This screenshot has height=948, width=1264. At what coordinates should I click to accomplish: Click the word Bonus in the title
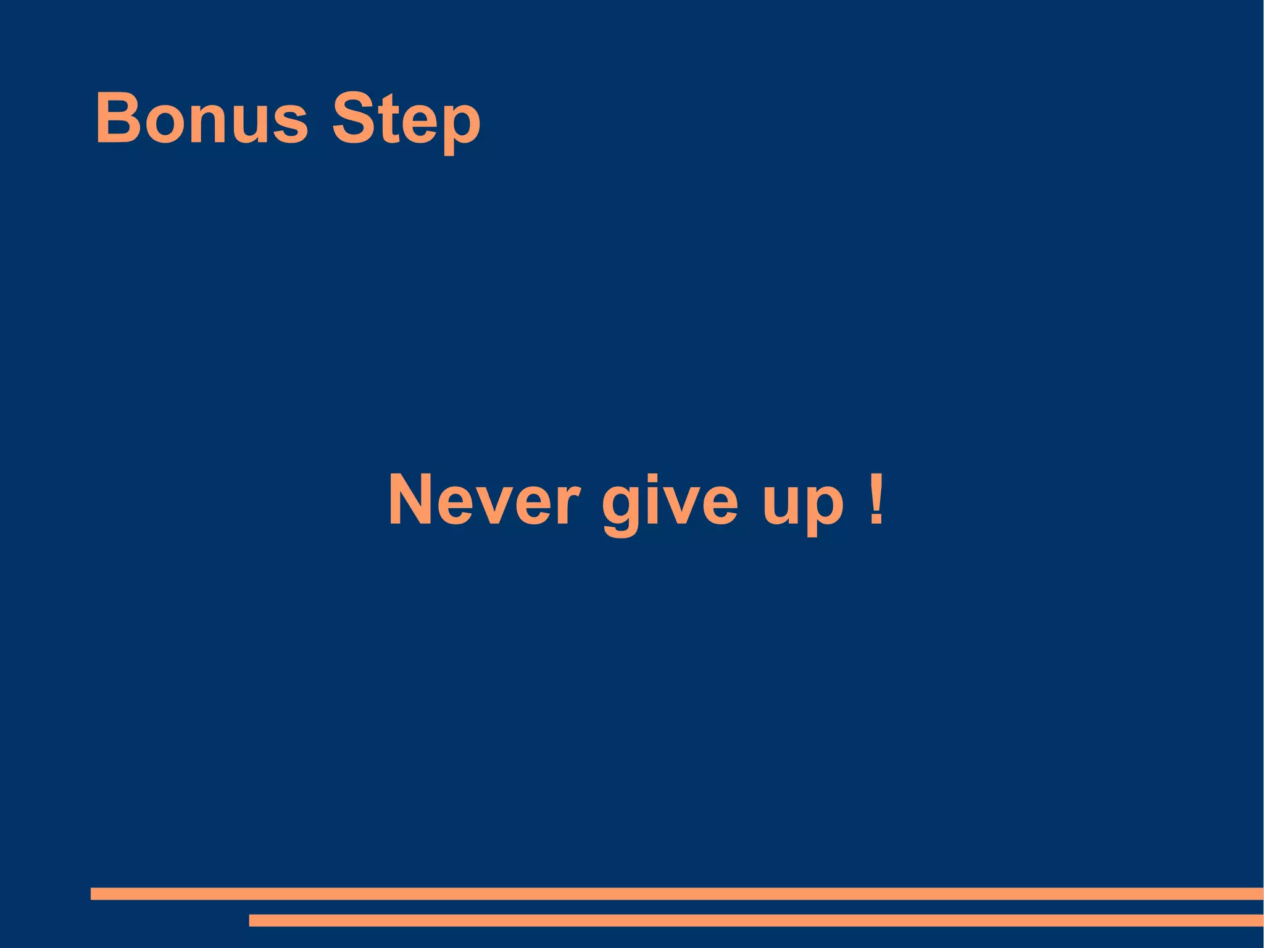pos(201,118)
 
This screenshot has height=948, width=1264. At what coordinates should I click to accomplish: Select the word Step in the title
pos(406,120)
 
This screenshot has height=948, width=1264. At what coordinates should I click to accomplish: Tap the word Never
pos(484,500)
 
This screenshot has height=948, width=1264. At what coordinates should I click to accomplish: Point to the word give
pos(670,503)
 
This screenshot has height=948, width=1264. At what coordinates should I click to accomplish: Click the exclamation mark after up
pos(875,500)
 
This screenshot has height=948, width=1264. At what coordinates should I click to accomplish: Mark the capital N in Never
pos(412,500)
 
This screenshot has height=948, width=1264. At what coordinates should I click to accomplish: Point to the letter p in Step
pos(460,127)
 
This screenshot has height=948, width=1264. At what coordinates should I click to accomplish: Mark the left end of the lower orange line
pos(252,920)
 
